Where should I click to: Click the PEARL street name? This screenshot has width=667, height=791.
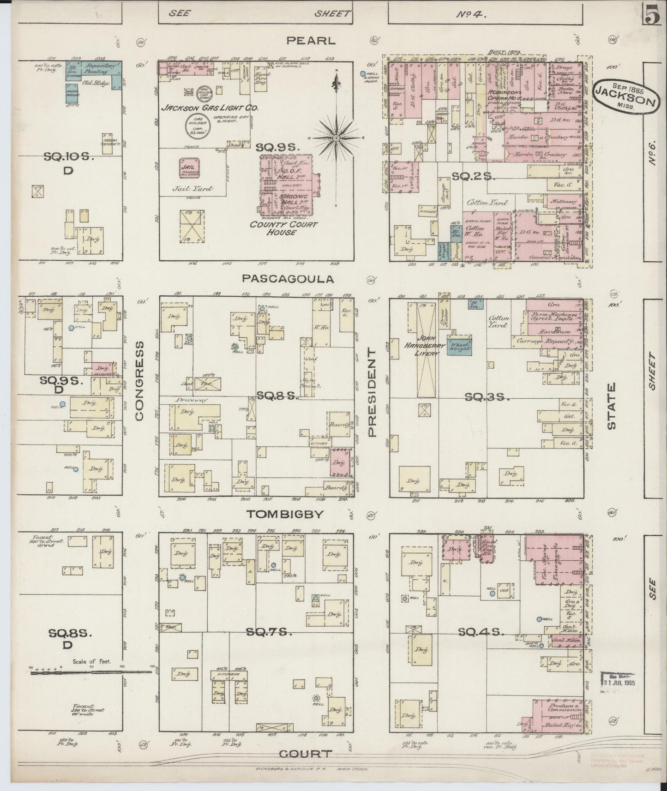[310, 41]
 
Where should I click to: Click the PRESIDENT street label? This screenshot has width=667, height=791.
[372, 392]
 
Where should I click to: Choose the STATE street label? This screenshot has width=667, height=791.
[612, 406]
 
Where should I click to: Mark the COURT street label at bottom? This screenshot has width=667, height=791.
[306, 754]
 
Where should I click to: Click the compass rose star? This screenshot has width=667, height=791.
[337, 138]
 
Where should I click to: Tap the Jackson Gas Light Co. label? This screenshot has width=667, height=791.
[209, 108]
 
